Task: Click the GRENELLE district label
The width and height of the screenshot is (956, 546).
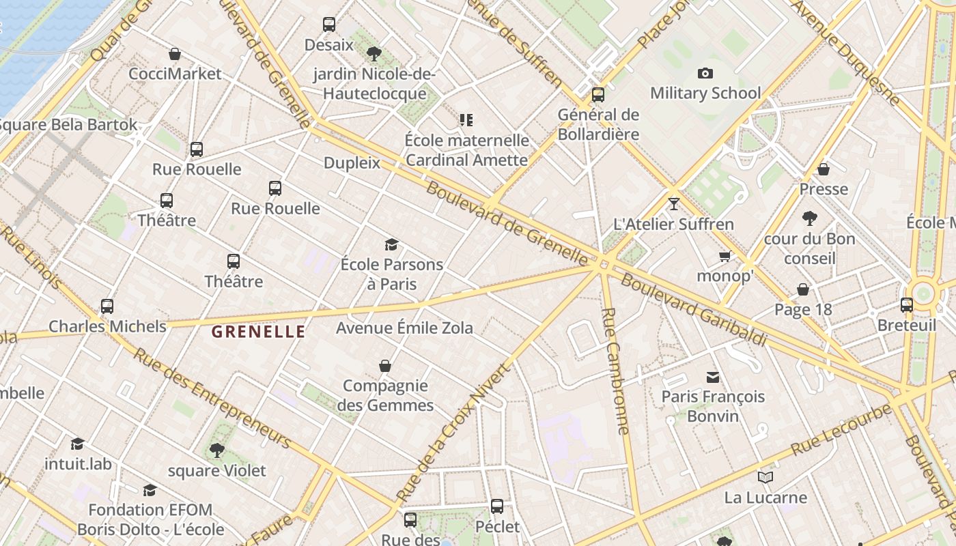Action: [258, 332]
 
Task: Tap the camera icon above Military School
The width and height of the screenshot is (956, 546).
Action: [705, 73]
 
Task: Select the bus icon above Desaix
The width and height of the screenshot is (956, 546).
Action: [329, 25]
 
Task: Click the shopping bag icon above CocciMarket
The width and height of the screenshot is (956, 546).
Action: [175, 54]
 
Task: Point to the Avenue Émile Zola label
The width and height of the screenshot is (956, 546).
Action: [404, 328]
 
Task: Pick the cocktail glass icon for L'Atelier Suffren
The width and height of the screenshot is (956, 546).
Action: [674, 203]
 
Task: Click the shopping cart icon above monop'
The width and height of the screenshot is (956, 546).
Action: [725, 256]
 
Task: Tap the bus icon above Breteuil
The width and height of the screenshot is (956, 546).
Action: [907, 305]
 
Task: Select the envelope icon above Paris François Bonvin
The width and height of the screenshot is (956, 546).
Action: [713, 377]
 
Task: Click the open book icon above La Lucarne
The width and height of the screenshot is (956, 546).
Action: [765, 477]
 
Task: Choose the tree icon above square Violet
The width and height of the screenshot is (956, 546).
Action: [217, 450]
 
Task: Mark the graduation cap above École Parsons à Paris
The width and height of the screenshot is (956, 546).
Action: [391, 244]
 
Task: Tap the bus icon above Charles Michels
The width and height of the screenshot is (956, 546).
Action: [107, 306]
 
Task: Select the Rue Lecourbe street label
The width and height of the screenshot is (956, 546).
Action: [841, 430]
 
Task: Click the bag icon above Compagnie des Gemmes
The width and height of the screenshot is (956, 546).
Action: [385, 366]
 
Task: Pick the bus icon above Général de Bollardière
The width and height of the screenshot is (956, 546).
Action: [598, 94]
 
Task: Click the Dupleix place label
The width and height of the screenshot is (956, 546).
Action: [352, 163]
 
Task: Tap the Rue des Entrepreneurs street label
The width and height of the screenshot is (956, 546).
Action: [212, 398]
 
